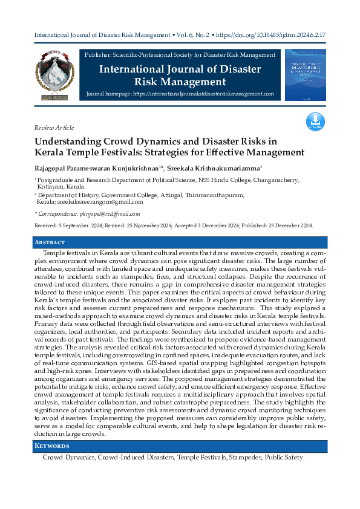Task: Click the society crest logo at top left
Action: [55, 76]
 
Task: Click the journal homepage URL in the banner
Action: [203, 95]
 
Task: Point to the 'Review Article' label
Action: [54, 128]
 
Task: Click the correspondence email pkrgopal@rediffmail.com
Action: [111, 213]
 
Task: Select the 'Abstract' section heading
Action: [50, 242]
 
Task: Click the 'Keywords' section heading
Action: [51, 446]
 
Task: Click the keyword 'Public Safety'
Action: [283, 458]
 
